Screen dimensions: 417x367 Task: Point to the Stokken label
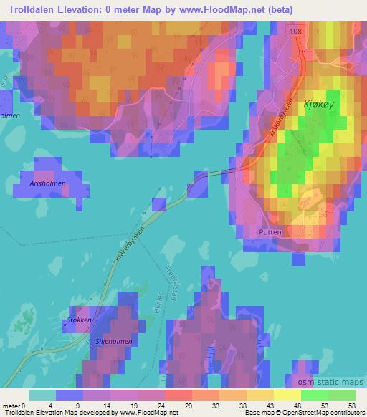[79, 320]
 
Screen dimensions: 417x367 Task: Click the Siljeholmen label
[114, 342]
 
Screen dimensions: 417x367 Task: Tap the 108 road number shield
[296, 32]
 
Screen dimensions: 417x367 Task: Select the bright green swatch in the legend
[314, 394]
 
